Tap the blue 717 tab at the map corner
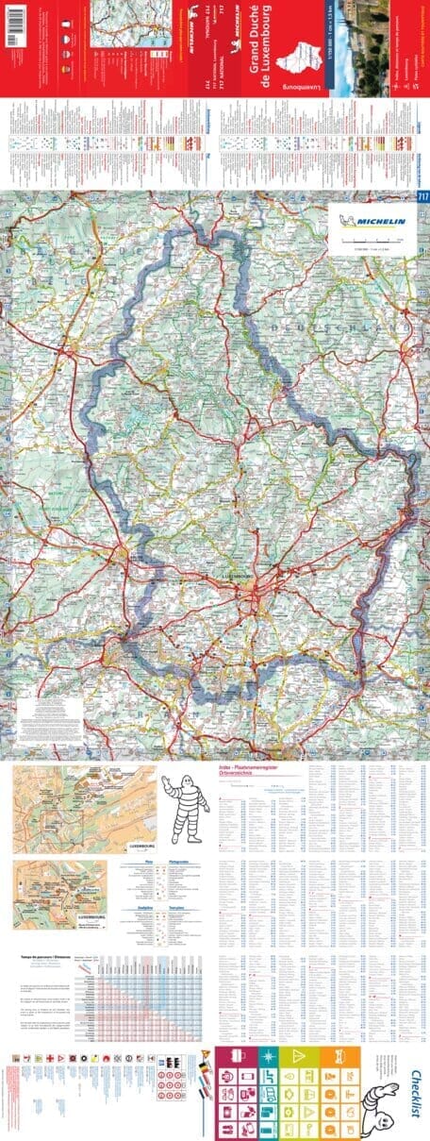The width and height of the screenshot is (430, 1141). [421, 196]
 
